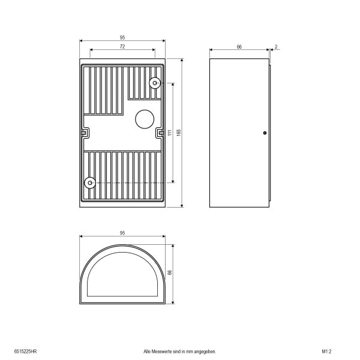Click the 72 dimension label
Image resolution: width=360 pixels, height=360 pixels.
click(x=122, y=47)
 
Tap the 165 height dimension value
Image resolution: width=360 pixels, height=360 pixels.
click(x=179, y=133)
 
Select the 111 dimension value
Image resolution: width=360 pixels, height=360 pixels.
click(x=170, y=133)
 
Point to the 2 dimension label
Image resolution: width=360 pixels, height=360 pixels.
click(x=276, y=47)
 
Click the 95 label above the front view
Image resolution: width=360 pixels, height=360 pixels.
click(x=122, y=37)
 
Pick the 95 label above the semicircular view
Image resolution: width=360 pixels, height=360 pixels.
click(x=122, y=233)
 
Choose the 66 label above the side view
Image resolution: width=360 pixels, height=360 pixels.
click(x=239, y=47)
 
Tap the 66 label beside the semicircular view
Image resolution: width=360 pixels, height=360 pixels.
click(x=170, y=272)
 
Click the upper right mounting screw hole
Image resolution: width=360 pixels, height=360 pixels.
click(x=155, y=83)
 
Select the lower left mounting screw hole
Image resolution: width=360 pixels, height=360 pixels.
click(x=90, y=183)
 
